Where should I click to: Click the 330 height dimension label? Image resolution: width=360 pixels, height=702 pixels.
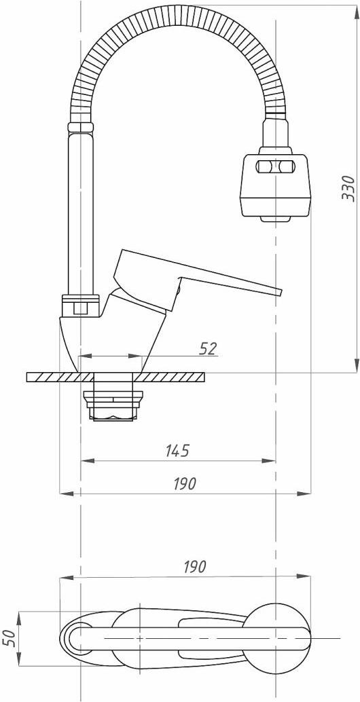pos(349,189)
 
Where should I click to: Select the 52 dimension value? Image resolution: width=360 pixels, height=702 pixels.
pos(208,348)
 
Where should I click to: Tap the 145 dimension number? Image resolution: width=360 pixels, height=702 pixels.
pos(177,451)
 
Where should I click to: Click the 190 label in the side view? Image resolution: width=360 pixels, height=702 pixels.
pos(184,484)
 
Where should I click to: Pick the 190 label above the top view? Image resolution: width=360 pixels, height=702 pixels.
pos(194,567)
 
